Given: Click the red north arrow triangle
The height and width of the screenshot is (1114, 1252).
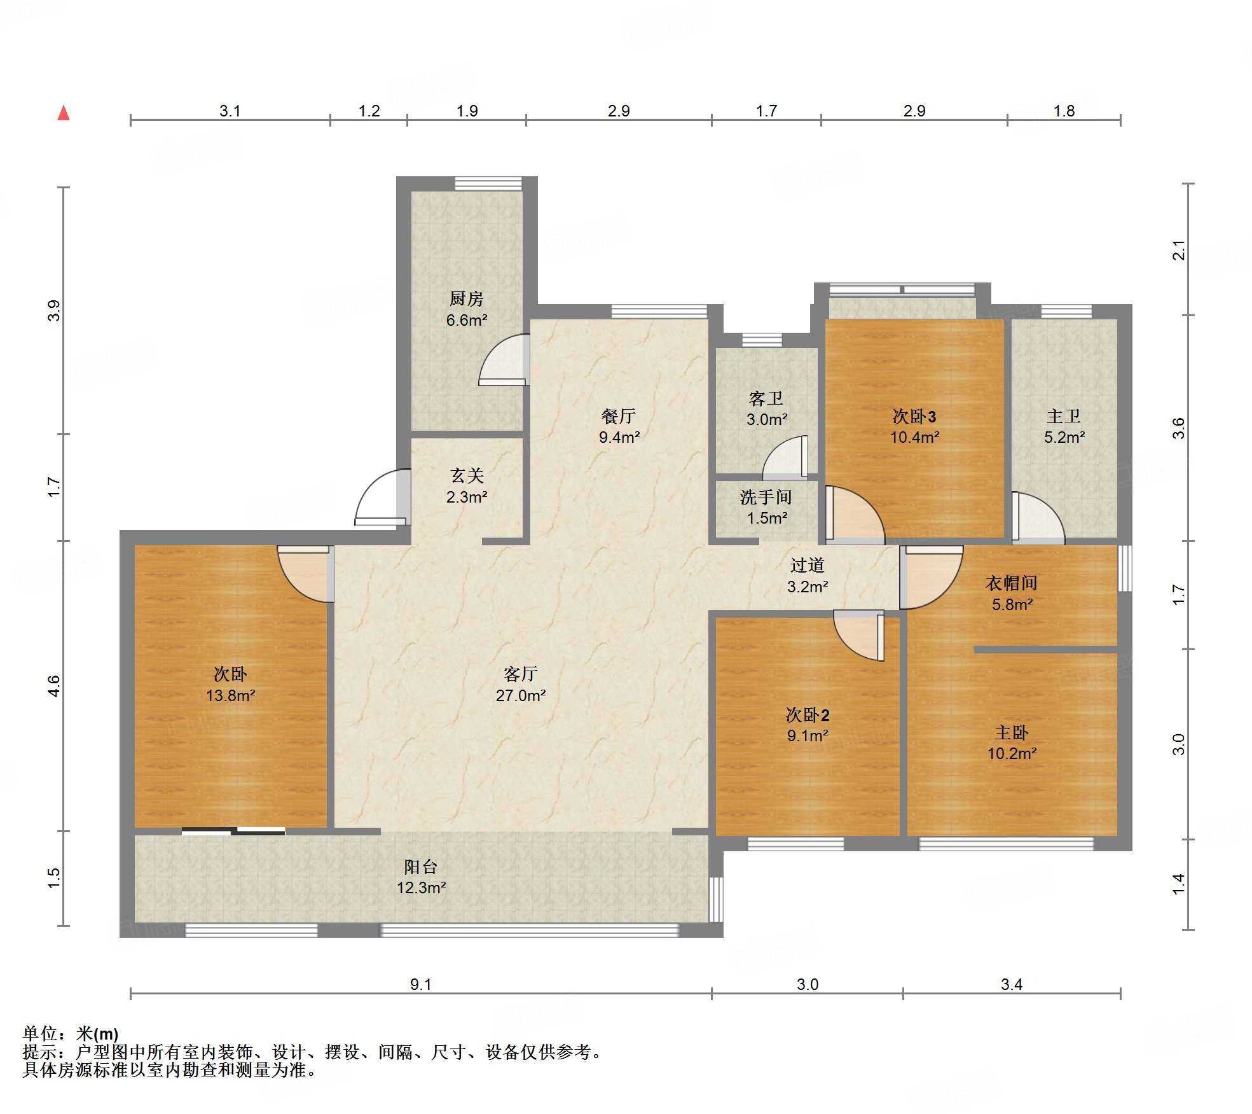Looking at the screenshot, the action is [64, 113].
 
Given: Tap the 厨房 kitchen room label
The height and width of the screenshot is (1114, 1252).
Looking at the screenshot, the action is [466, 298].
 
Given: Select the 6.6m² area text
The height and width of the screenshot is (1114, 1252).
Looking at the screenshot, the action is [466, 320].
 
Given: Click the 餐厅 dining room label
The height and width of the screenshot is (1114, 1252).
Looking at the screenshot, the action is [618, 416].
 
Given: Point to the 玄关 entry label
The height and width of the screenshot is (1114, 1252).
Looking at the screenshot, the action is [467, 475].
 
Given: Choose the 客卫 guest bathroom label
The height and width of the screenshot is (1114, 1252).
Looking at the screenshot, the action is [766, 398].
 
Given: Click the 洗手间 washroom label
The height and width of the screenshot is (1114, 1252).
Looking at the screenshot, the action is [766, 497].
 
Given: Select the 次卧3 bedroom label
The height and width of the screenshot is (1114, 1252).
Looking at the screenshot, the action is [914, 416].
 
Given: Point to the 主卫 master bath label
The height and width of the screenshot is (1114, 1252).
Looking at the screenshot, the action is [1063, 416].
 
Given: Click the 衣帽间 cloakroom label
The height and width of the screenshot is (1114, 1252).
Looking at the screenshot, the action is [1011, 583].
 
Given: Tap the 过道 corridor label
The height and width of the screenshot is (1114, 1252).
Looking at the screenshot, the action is [807, 565].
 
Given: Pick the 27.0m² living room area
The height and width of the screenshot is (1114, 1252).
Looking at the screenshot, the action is [520, 695].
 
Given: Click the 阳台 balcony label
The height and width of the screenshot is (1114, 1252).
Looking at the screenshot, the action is [420, 867].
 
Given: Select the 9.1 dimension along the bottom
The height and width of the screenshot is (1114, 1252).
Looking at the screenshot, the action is [420, 985].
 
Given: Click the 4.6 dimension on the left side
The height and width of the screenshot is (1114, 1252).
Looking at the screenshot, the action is [53, 686].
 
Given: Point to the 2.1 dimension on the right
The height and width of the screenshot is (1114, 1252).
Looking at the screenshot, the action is [1178, 249].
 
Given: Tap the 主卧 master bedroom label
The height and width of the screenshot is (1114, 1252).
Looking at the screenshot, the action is [1011, 732].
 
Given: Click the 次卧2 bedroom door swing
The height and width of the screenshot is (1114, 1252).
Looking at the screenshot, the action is [858, 636].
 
